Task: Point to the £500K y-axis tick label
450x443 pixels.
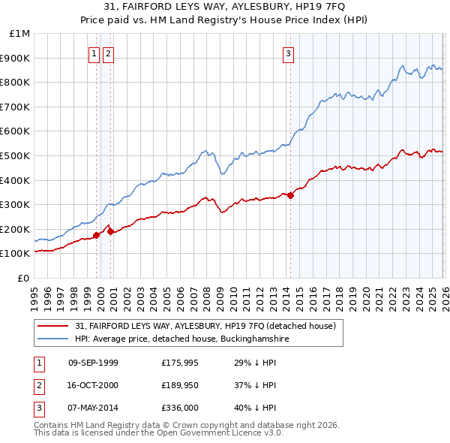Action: (17, 155)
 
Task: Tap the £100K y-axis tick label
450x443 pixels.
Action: (17, 254)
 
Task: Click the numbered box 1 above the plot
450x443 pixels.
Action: (94, 53)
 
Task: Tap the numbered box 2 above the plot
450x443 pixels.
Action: (108, 53)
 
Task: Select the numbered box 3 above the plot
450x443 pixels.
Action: (288, 53)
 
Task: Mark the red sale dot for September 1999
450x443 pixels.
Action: (96, 235)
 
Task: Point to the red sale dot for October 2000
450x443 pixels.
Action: (110, 231)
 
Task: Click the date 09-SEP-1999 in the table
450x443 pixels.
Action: (93, 363)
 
